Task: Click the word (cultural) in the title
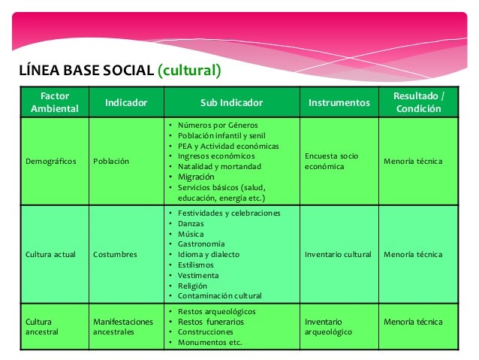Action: [x=189, y=71]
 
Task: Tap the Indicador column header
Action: [x=125, y=102]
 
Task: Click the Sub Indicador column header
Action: [x=231, y=102]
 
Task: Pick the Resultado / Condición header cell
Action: [x=419, y=102]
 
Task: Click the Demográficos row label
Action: [x=51, y=161]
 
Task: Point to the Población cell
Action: [x=110, y=161]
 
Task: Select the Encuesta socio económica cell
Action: [x=331, y=161]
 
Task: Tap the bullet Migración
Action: [x=199, y=177]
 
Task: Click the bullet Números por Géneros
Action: [x=218, y=124]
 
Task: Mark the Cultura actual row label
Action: [x=50, y=254]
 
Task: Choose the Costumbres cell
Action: [x=115, y=254]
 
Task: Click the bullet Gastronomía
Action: [x=200, y=244]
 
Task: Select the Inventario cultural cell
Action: [x=338, y=254]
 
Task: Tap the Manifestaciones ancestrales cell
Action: [x=122, y=327]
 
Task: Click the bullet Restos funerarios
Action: [x=211, y=322]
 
